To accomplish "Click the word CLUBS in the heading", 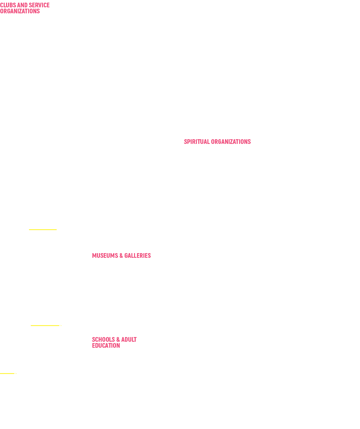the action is [x=8, y=5].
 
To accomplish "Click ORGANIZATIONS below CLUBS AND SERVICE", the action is [x=20, y=11].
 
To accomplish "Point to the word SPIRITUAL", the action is [x=197, y=142].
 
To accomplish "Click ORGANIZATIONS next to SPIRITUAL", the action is [x=231, y=142].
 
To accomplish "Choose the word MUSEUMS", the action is [x=105, y=255].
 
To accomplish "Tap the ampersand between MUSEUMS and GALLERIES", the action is [x=121, y=255].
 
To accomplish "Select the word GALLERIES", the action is [x=138, y=255].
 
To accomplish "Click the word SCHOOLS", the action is [x=103, y=339].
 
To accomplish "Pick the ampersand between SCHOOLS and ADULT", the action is [x=118, y=339].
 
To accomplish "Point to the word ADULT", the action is [x=129, y=339].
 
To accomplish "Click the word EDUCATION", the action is [x=106, y=345].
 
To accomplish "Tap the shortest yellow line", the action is [x=8, y=373].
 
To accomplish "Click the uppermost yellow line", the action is [x=43, y=229].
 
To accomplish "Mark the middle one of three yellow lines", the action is [x=46, y=325].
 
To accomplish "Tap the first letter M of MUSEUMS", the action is [x=94, y=255].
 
